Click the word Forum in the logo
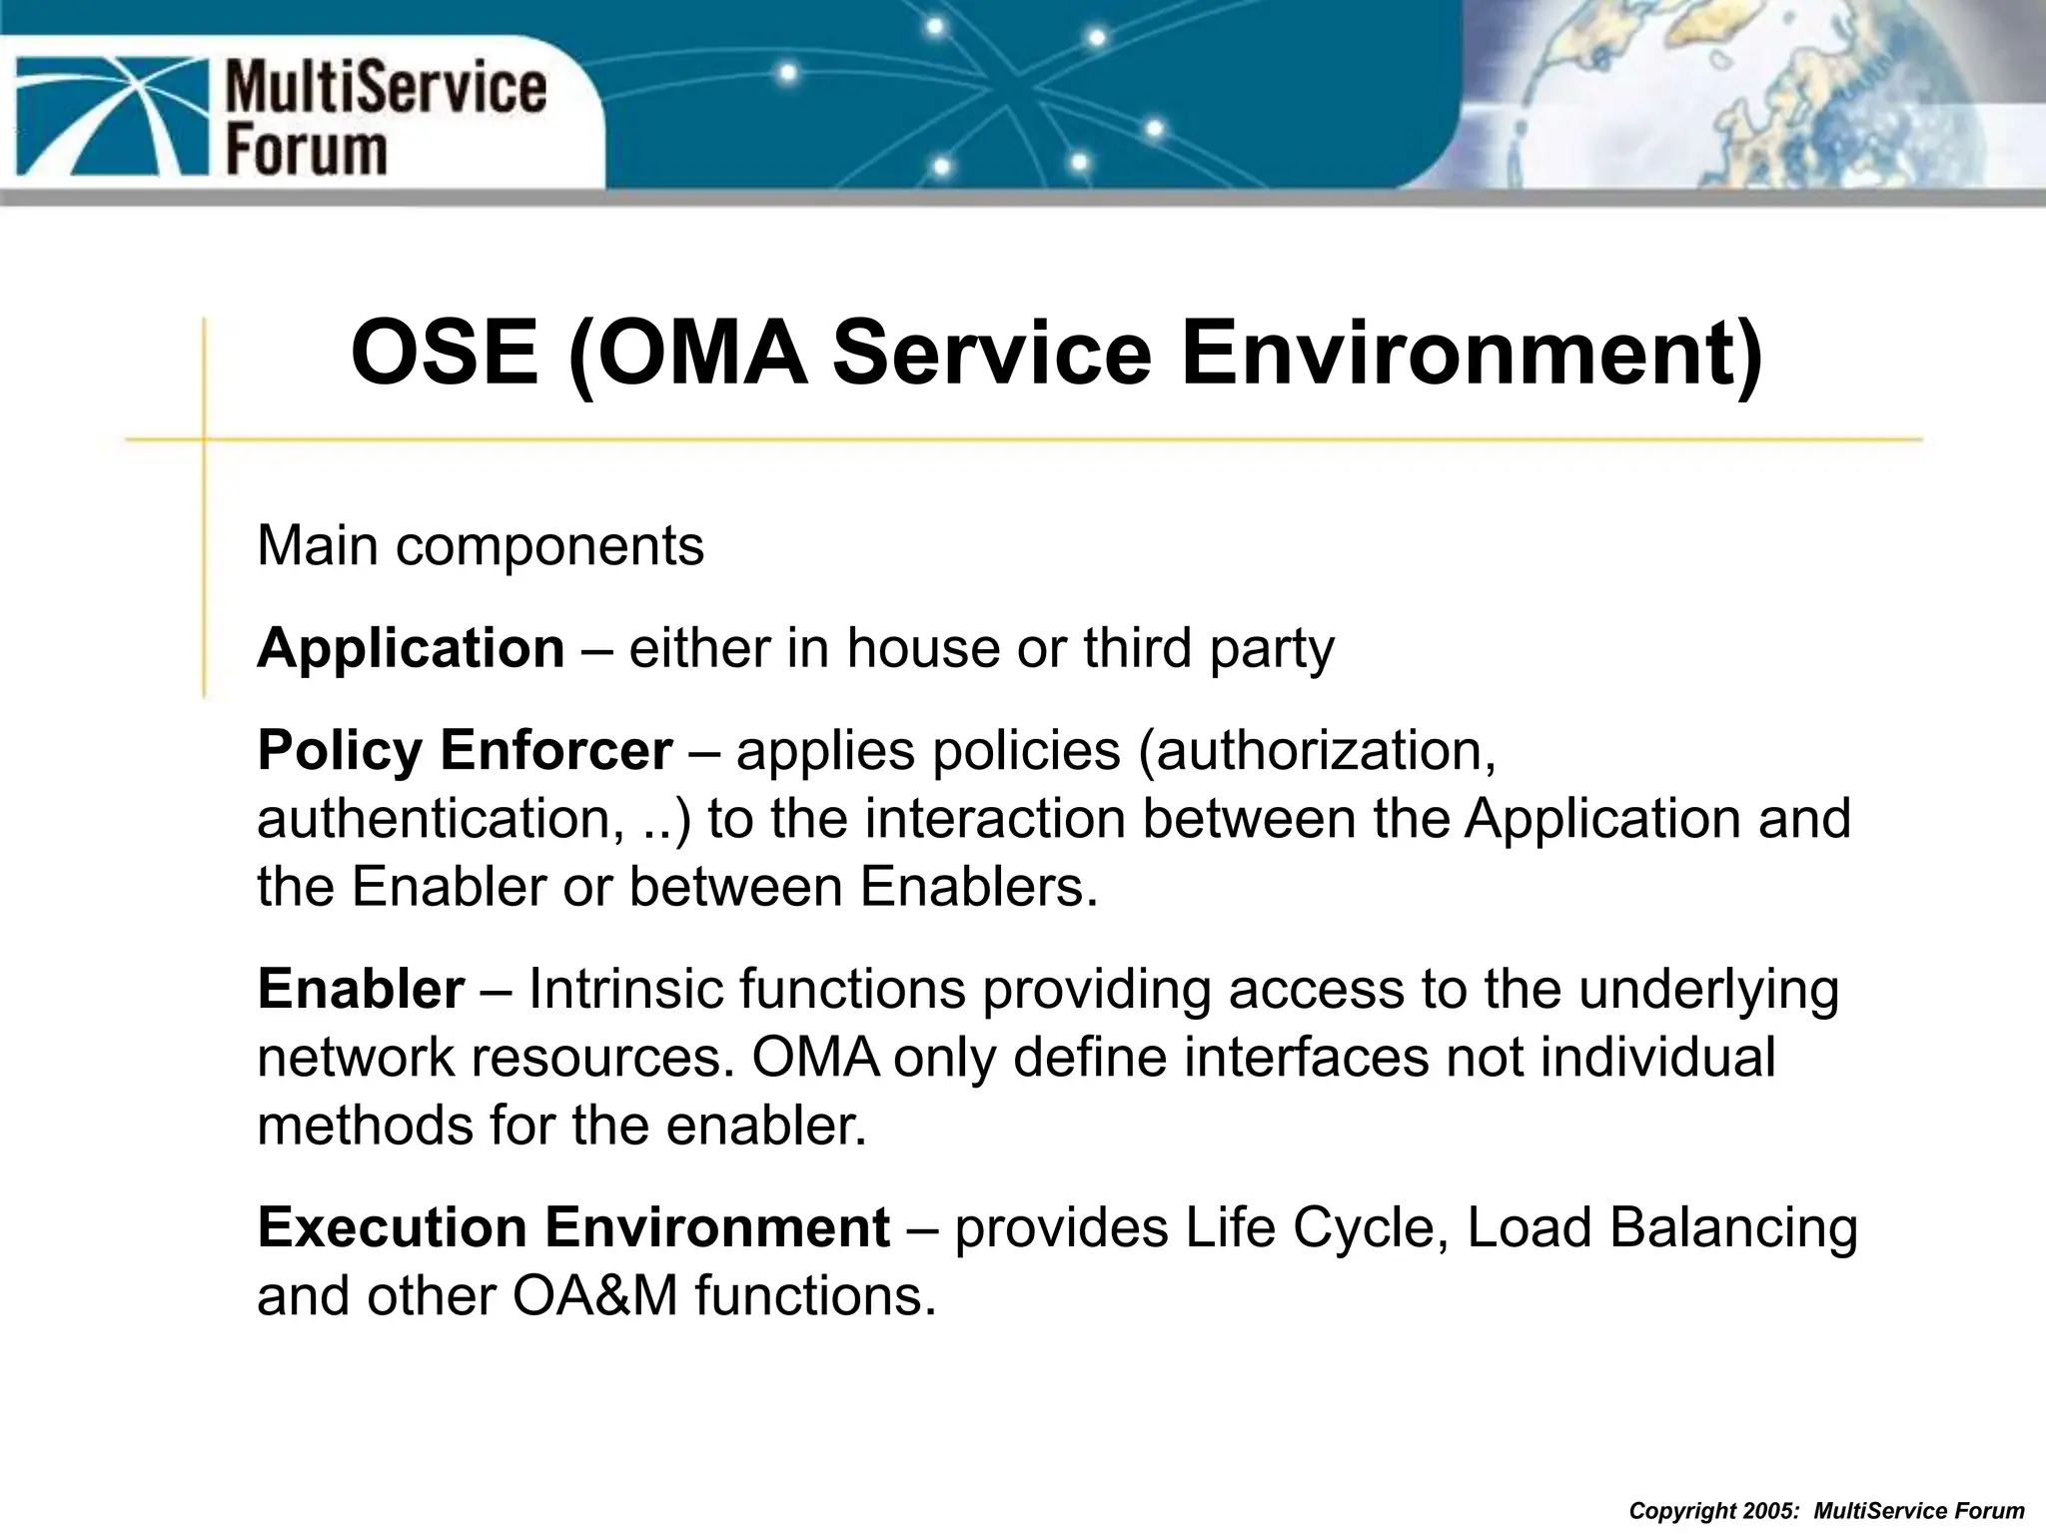(306, 152)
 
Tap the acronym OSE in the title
(445, 354)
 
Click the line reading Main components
(481, 546)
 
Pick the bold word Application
(411, 648)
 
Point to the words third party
(1208, 648)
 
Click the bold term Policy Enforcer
(465, 750)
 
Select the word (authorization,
(1318, 750)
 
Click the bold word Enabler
(361, 989)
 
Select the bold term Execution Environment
(573, 1227)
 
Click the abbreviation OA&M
(595, 1296)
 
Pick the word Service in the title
(992, 354)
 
